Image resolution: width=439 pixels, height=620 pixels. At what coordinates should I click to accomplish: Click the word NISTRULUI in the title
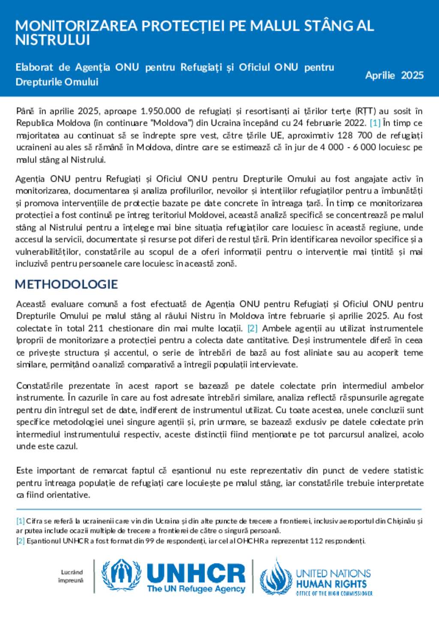click(x=53, y=40)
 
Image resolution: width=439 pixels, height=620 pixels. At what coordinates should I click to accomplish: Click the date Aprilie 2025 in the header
click(x=394, y=75)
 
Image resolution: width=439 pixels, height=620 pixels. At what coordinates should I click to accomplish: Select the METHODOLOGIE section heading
click(x=66, y=284)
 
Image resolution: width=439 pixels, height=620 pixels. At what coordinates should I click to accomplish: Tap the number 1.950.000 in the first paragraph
click(x=161, y=111)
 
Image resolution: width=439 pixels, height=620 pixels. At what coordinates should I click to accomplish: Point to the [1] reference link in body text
click(x=375, y=123)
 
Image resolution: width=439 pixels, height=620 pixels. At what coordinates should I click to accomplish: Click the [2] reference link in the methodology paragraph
click(x=253, y=328)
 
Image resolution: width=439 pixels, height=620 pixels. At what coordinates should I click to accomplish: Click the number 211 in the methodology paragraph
click(x=96, y=328)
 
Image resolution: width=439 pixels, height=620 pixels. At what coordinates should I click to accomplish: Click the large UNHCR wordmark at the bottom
click(x=196, y=573)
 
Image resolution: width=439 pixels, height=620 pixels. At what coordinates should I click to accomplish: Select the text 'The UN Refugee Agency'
click(x=196, y=589)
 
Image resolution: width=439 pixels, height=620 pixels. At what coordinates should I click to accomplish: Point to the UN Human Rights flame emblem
click(x=276, y=577)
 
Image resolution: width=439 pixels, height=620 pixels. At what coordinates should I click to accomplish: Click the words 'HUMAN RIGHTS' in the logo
click(x=331, y=584)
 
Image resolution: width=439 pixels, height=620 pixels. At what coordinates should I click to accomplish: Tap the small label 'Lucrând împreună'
click(x=71, y=576)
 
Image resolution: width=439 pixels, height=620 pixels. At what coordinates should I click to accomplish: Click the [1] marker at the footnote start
click(x=20, y=521)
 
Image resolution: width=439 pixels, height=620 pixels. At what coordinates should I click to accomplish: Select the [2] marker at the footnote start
click(x=20, y=541)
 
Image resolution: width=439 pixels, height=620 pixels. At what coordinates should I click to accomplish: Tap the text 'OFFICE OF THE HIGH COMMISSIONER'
click(x=334, y=593)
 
